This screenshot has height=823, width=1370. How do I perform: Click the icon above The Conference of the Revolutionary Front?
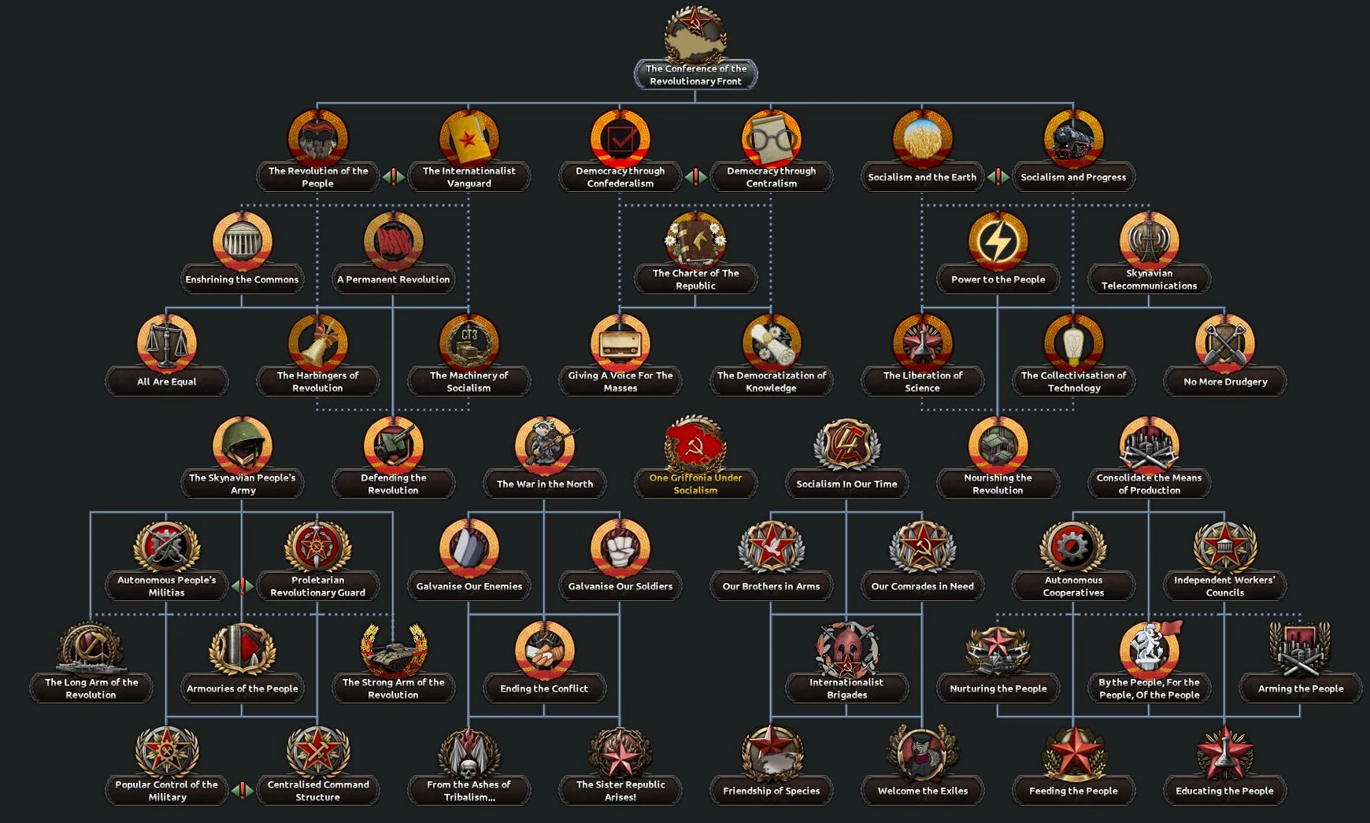(x=695, y=35)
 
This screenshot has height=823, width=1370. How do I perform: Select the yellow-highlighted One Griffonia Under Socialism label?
(x=695, y=484)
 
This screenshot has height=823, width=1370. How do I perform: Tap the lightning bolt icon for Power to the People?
(x=998, y=241)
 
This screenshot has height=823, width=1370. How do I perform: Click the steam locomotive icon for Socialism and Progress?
(x=1073, y=139)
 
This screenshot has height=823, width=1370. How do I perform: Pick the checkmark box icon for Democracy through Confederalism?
(x=620, y=139)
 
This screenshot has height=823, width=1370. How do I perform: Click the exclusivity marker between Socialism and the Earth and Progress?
(x=998, y=177)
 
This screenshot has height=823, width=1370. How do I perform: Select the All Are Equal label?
(x=167, y=382)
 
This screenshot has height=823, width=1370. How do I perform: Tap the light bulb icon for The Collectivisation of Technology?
(x=1073, y=343)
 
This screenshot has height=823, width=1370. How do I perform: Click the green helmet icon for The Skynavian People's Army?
(x=243, y=445)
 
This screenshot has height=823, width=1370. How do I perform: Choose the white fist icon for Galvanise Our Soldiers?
(x=620, y=547)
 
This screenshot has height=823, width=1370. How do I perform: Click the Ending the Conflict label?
(x=544, y=688)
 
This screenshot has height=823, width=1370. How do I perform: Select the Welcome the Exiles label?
(x=922, y=791)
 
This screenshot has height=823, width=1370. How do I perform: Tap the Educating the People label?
(x=1224, y=791)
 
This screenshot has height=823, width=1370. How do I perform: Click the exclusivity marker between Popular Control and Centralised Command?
(x=243, y=790)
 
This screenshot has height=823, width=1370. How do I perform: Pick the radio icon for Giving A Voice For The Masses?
(x=620, y=343)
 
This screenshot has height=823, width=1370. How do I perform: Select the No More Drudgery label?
(x=1225, y=382)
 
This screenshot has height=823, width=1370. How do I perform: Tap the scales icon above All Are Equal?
(x=167, y=343)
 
